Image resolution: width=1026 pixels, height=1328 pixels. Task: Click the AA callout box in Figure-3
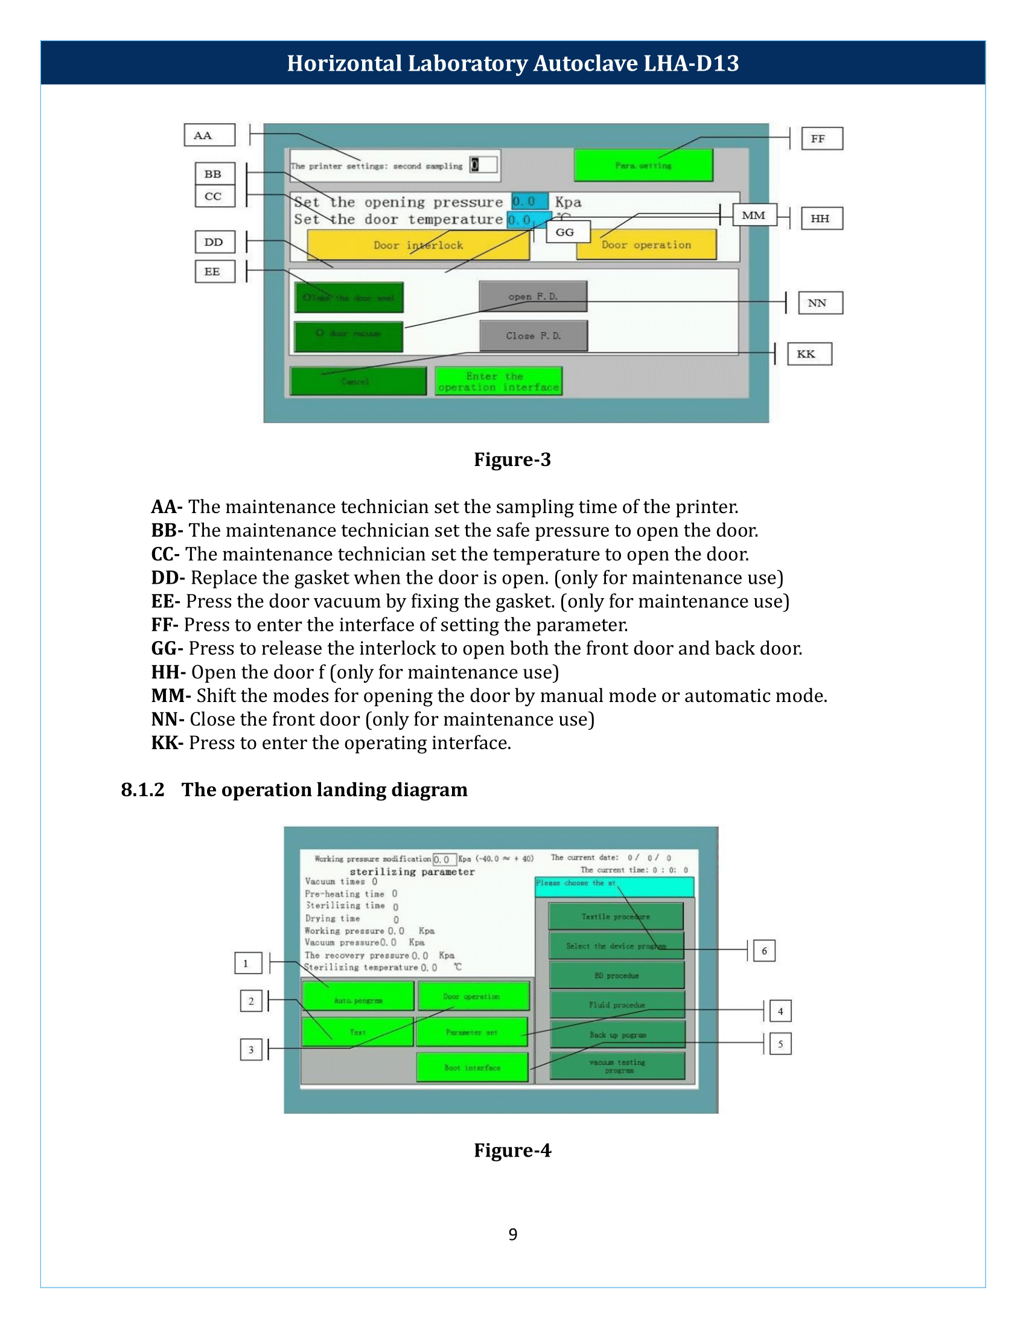[209, 135]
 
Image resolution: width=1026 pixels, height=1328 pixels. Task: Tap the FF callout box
[822, 139]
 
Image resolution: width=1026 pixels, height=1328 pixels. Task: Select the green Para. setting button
[643, 165]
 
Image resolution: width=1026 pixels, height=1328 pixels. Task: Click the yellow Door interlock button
[418, 245]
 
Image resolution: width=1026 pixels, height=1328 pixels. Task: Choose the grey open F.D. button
[533, 297]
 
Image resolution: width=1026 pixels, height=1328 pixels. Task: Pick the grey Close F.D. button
[533, 336]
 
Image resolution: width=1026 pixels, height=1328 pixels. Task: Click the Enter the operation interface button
[499, 381]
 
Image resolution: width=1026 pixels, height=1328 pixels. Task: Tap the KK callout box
[809, 354]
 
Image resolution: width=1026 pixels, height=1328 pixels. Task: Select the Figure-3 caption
[512, 460]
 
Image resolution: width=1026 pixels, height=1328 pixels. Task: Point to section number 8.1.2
[143, 790]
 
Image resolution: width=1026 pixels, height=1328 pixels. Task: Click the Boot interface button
[473, 1068]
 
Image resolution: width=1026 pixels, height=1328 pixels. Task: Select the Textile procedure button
[616, 916]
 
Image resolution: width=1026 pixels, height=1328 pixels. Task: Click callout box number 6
[764, 950]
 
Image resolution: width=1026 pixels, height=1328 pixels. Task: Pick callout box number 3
[251, 1050]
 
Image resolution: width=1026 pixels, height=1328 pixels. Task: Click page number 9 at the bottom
[513, 1234]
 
